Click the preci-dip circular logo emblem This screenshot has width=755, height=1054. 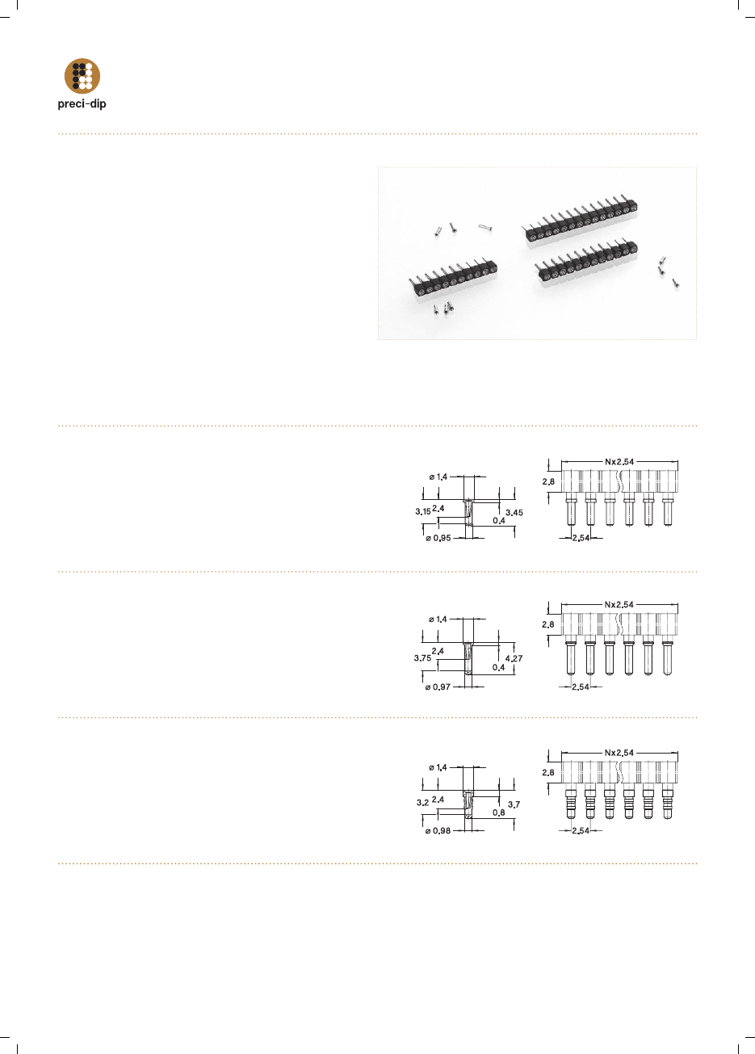[x=82, y=76]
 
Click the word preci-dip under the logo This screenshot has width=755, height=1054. [x=82, y=104]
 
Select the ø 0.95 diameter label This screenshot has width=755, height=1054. [x=438, y=538]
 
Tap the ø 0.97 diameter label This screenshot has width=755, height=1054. [x=438, y=687]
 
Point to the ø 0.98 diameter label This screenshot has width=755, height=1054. [x=438, y=831]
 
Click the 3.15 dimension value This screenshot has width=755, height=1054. [x=423, y=511]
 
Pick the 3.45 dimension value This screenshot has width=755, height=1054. [x=514, y=512]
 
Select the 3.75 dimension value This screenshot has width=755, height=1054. [x=422, y=657]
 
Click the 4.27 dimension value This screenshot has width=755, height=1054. [x=514, y=658]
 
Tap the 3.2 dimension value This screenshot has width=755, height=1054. [x=422, y=802]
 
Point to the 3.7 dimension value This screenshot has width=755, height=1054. [x=514, y=804]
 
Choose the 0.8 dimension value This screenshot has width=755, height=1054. [x=499, y=813]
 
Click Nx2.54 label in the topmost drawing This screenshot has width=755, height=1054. [x=619, y=462]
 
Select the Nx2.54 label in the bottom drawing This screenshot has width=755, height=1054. [x=619, y=753]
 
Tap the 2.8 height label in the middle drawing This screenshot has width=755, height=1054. [x=548, y=624]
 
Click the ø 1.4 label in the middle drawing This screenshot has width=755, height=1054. [x=438, y=619]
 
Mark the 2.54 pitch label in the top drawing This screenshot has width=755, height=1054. [x=581, y=538]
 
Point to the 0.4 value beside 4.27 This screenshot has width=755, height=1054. [x=499, y=667]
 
